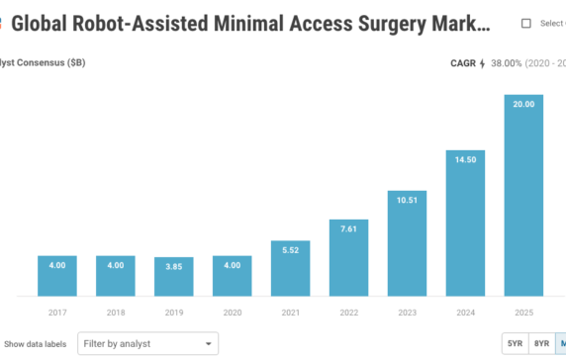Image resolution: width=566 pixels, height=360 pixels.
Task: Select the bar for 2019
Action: click(x=173, y=277)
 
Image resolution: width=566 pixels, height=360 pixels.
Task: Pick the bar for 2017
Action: click(x=57, y=276)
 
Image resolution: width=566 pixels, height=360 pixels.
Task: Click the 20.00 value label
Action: click(x=522, y=105)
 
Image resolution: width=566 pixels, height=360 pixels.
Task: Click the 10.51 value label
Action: click(x=407, y=201)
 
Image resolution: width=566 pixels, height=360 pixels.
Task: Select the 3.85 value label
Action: click(x=173, y=266)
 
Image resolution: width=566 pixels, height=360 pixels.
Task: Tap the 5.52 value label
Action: click(x=290, y=249)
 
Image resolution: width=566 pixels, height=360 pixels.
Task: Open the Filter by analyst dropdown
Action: click(x=147, y=344)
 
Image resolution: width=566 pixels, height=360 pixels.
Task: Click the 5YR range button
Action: click(x=515, y=344)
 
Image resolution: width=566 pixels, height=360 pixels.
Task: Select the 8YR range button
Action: click(x=541, y=344)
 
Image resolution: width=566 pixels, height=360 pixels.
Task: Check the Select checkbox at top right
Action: click(x=526, y=23)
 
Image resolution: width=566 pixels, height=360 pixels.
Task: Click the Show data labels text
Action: click(x=37, y=344)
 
